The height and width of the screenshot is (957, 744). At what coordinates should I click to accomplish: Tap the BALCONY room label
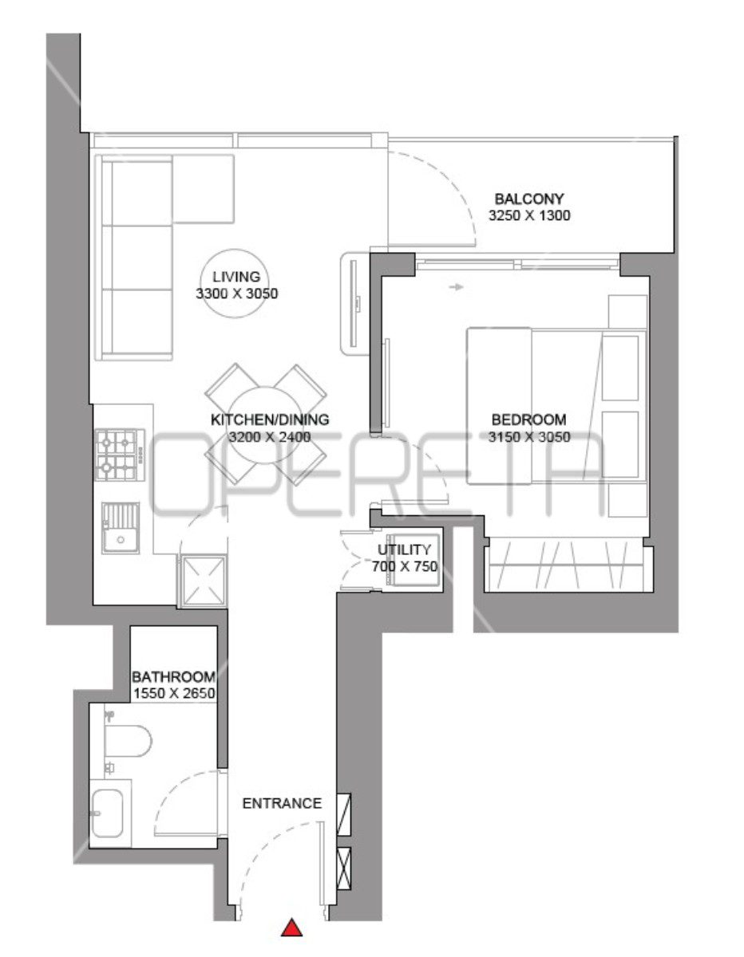(529, 199)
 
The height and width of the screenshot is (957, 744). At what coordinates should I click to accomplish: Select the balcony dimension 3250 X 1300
(529, 215)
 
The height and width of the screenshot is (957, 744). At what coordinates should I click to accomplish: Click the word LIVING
(236, 277)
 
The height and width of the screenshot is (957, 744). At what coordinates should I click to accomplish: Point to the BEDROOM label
(529, 419)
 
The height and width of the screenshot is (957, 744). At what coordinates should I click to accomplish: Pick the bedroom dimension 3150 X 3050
(529, 437)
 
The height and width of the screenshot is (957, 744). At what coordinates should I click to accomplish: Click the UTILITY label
(404, 549)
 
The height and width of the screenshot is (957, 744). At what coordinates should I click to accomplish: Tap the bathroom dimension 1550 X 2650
(174, 693)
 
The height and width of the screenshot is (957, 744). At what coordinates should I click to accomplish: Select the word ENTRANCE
(282, 803)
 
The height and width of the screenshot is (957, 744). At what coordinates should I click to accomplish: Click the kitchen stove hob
(121, 455)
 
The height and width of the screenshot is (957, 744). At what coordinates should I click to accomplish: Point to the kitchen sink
(121, 528)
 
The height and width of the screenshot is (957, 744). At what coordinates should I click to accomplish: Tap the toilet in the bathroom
(127, 740)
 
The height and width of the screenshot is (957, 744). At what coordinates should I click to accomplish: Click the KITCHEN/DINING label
(270, 419)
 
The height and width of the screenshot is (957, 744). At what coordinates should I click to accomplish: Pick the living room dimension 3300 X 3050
(236, 293)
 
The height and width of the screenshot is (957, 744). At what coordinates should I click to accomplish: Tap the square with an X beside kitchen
(202, 581)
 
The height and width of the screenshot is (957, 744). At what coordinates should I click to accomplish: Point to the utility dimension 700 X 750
(405, 566)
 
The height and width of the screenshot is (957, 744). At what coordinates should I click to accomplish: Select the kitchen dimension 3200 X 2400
(270, 437)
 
